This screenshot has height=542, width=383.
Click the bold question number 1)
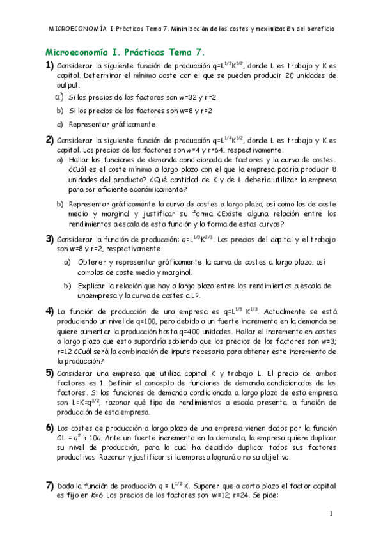[49, 66]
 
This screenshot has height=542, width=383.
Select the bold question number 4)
[49, 312]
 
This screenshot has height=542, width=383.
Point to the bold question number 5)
[49, 373]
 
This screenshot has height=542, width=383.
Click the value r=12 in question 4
[65, 351]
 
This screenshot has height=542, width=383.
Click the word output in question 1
[68, 85]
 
